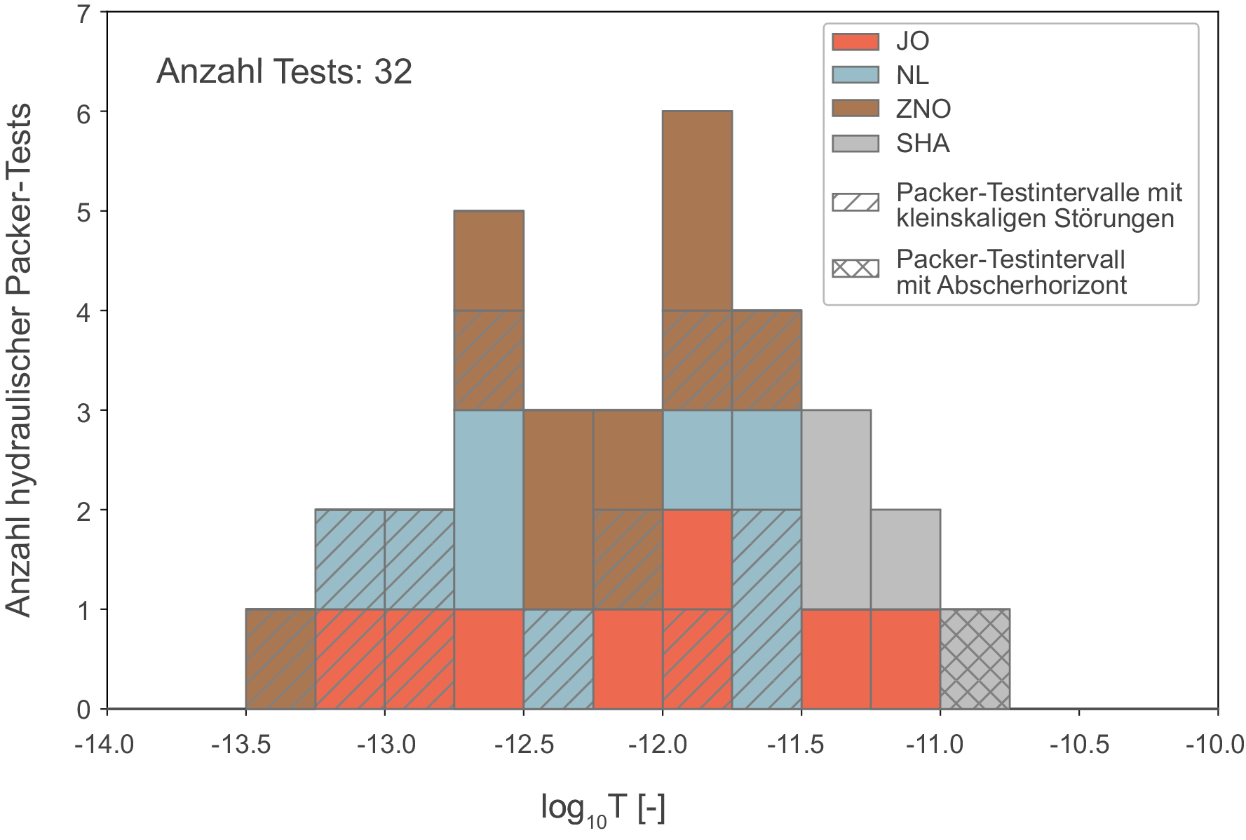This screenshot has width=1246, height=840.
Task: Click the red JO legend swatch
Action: [855, 41]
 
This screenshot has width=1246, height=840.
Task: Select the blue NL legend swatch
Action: [855, 75]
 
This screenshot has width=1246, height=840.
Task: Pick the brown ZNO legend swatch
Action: [855, 109]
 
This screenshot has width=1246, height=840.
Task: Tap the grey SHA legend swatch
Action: [855, 143]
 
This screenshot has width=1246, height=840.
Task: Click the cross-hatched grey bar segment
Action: [975, 659]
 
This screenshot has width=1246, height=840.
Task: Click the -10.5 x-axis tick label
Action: [1078, 744]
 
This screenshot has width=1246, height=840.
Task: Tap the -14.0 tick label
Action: [104, 744]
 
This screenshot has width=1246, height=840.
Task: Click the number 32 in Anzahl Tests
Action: [393, 72]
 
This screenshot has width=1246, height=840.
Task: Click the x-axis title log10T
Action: [602, 808]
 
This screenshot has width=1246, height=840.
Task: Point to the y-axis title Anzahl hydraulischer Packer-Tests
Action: [20, 360]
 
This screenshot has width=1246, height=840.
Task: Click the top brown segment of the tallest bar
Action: [697, 211]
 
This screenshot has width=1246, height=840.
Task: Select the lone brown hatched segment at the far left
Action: [280, 659]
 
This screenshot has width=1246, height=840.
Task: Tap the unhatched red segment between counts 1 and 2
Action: [697, 560]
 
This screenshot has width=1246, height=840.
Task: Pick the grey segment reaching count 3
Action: [836, 510]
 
